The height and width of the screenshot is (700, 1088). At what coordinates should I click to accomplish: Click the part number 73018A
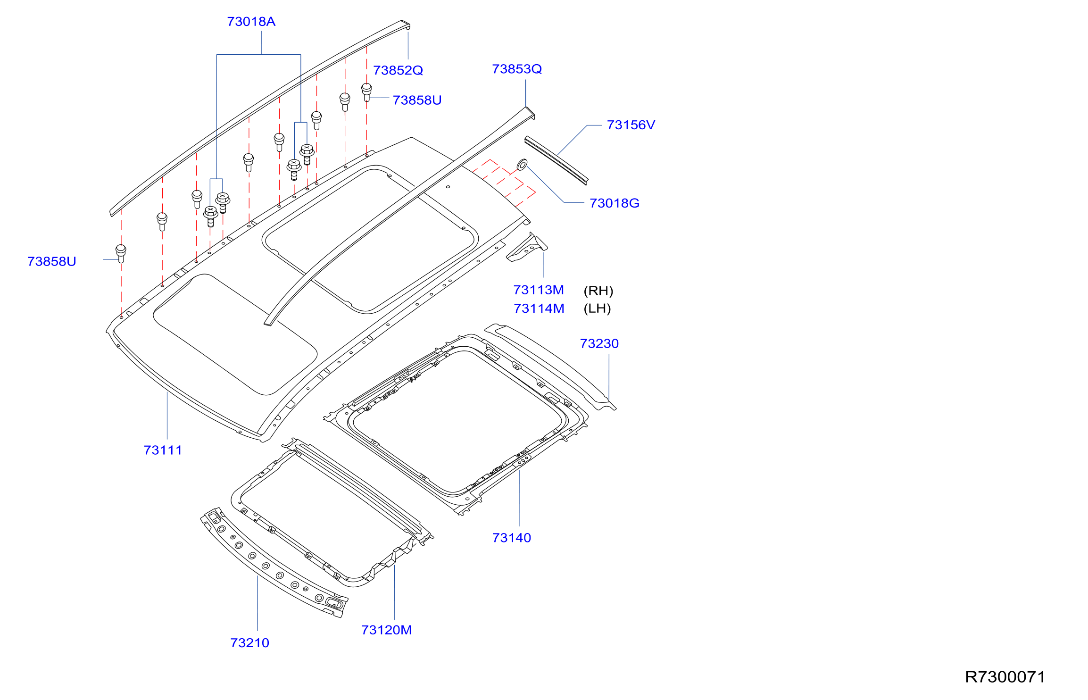pos(251,22)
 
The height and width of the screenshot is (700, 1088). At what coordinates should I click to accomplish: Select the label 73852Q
pos(398,70)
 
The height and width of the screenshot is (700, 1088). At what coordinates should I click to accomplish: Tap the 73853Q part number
pos(517,69)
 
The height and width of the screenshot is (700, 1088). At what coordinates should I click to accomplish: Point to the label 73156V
pos(631,125)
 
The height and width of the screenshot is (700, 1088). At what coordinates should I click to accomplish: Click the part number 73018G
pos(615,203)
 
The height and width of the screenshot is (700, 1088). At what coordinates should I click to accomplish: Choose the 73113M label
pos(539,290)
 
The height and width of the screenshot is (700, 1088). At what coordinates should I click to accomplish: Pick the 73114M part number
pos(539,308)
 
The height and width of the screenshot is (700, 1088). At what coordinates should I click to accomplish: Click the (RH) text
pos(598,291)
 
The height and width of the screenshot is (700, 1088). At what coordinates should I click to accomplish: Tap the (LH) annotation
pos(597,308)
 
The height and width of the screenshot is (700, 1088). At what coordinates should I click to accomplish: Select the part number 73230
pos(599,343)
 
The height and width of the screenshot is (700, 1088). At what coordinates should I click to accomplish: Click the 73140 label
pos(511,538)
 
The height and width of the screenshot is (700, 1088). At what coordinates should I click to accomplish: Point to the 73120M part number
pos(386,630)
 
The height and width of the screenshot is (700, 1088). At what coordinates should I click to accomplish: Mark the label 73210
pos(249,643)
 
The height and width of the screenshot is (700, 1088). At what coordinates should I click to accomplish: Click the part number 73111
pos(163,450)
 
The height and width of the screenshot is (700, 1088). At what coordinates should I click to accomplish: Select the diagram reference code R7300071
pos(1005,677)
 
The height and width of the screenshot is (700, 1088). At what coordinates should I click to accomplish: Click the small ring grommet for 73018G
pos(522,165)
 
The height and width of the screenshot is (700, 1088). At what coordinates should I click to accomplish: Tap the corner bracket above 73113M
pos(527,248)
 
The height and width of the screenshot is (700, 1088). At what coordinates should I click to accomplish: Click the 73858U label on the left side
pos(51,261)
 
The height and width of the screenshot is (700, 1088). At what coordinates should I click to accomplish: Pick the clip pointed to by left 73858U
pos(121,253)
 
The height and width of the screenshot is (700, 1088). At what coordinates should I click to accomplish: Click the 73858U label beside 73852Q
pos(417,100)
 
